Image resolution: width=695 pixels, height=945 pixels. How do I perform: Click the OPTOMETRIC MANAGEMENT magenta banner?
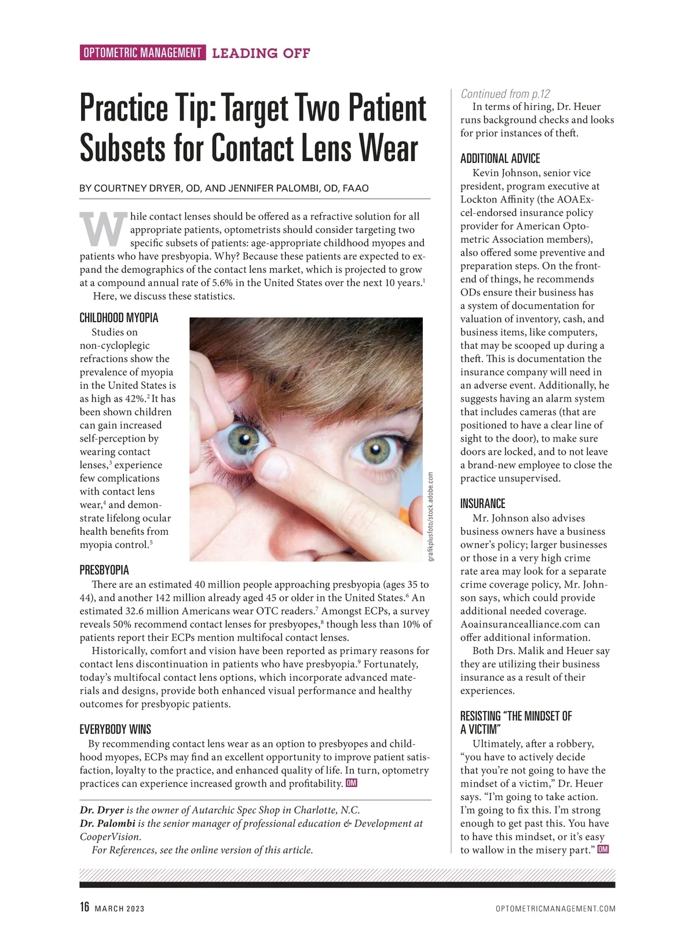coord(142,53)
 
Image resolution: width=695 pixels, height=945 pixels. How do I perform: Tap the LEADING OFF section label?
coord(261,53)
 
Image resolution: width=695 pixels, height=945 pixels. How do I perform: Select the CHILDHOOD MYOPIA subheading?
coord(119,318)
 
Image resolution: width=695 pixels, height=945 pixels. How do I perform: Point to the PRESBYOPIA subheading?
coord(104,570)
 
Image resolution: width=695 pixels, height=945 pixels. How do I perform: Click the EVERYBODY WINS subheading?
coord(115,729)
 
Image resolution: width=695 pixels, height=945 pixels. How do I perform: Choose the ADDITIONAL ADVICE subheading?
coord(500,158)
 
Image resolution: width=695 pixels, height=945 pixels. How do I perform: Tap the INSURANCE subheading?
coord(482,503)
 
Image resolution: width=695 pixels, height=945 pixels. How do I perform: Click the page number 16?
coord(85,907)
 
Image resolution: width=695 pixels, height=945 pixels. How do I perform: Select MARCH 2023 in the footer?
coord(119,908)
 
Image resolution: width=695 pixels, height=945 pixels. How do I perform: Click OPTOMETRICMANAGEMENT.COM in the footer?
coord(555,908)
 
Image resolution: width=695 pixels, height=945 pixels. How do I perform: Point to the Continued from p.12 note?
coord(505,94)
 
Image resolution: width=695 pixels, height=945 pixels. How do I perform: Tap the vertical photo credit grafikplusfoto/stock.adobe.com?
coord(430,516)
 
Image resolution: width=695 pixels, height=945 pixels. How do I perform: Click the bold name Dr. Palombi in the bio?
coord(108,823)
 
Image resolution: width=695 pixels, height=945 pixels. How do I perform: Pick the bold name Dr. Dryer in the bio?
coord(102,810)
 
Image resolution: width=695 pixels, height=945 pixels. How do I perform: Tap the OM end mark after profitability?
coord(351,783)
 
